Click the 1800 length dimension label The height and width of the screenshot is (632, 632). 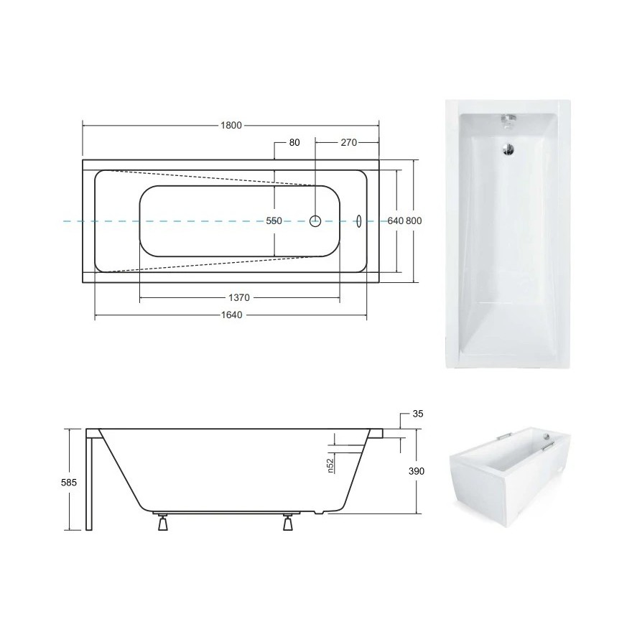click(231, 125)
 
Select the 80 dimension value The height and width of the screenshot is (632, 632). click(294, 142)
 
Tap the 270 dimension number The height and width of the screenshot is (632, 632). click(348, 142)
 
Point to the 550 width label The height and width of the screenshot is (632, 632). click(274, 221)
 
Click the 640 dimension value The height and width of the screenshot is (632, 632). click(395, 221)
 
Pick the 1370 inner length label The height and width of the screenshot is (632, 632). click(239, 297)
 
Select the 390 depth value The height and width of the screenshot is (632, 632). click(417, 471)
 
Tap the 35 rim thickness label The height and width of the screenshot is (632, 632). click(419, 414)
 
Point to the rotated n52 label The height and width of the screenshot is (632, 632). click(331, 465)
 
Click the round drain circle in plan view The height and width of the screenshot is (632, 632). click(315, 221)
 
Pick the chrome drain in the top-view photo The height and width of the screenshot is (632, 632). click(508, 149)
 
